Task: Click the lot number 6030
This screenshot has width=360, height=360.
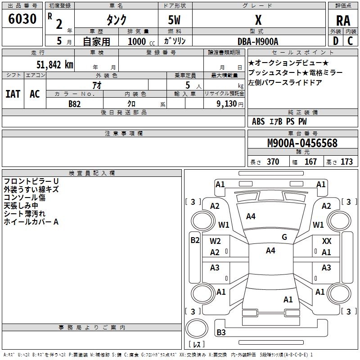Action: click(x=22, y=20)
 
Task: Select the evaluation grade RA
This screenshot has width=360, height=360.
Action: click(x=343, y=21)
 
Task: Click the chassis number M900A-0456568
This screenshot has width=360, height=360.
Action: click(x=302, y=143)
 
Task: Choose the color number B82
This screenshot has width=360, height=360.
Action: click(x=75, y=104)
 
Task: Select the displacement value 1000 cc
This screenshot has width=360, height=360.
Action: click(x=138, y=41)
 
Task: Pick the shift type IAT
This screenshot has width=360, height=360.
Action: click(x=13, y=94)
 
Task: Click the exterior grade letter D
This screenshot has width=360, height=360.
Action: click(x=335, y=41)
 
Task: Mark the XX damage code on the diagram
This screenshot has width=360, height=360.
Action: click(x=327, y=242)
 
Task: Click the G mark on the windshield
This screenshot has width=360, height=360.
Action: click(x=284, y=237)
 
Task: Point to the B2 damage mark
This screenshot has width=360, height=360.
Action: click(x=195, y=240)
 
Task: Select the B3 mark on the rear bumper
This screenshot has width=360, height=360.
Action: click(x=221, y=333)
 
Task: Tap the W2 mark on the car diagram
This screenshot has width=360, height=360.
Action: click(x=215, y=241)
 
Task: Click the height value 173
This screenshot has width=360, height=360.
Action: click(x=346, y=162)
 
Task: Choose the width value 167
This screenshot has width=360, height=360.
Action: click(x=310, y=162)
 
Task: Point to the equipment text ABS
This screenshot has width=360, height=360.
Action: click(x=258, y=121)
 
